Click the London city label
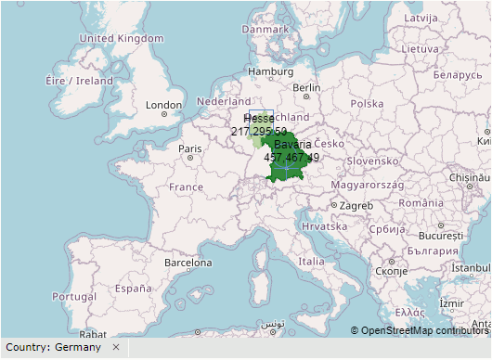point(163,105)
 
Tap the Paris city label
point(190,148)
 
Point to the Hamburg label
point(270,71)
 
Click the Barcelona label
point(188,263)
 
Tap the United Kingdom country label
point(121,38)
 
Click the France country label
point(186,186)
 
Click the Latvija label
point(420,18)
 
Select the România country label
point(426,202)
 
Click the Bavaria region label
point(292,145)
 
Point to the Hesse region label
point(258,120)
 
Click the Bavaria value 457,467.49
point(291,158)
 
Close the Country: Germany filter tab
point(116,347)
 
